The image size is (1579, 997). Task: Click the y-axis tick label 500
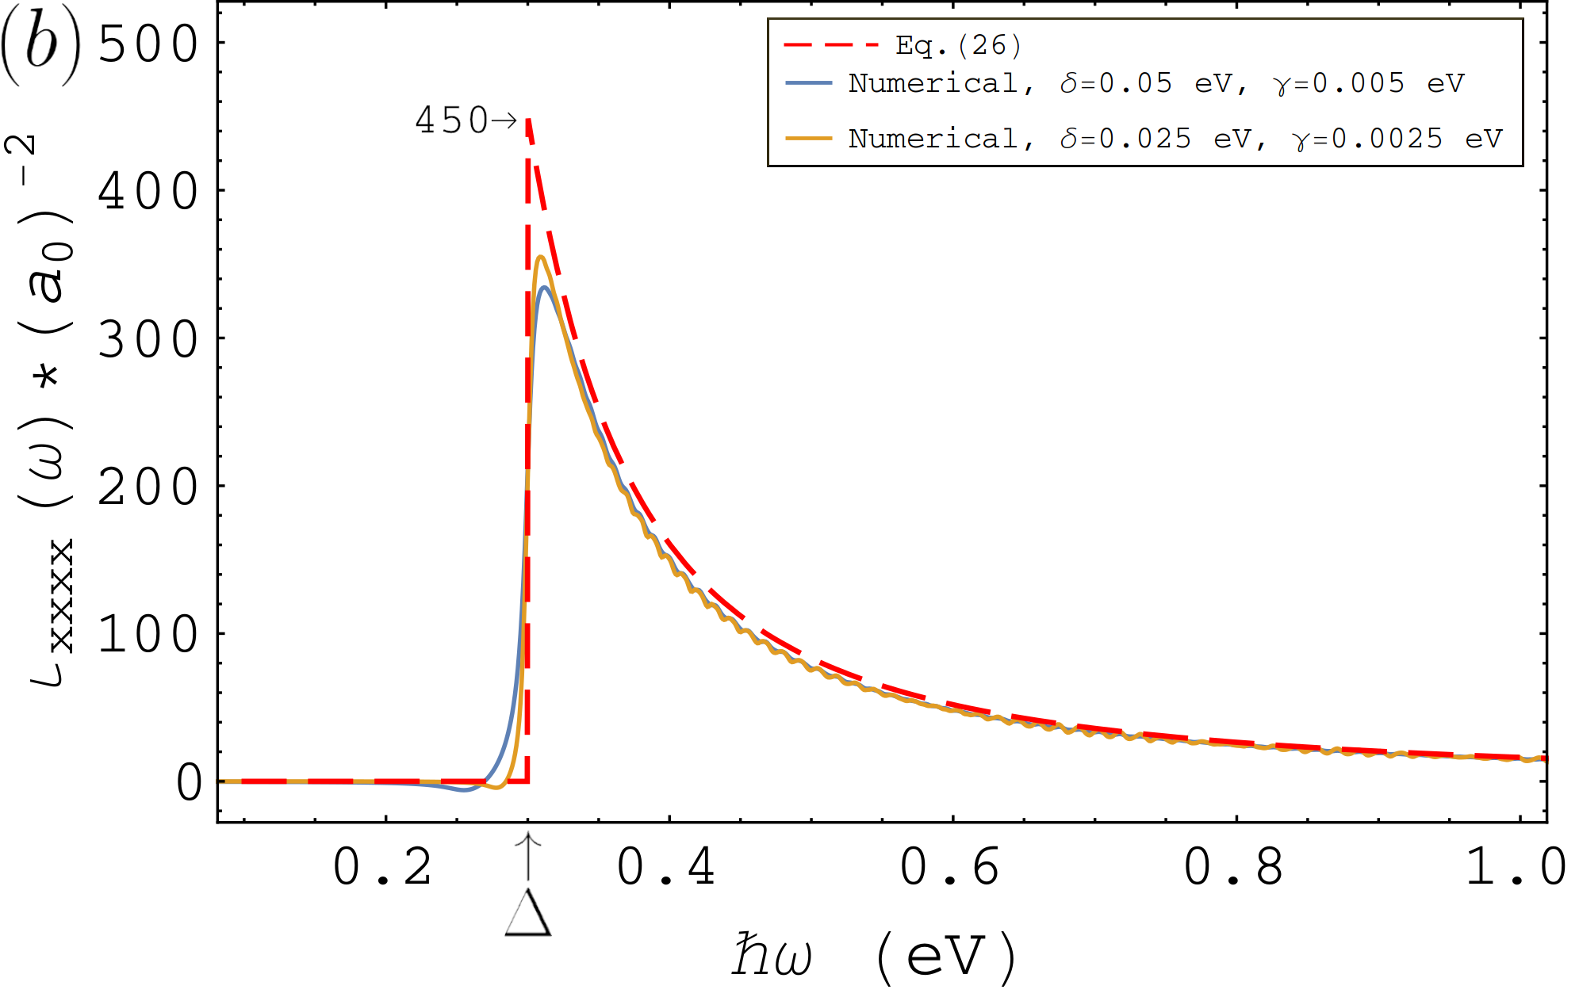click(x=148, y=44)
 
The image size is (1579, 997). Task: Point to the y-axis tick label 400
click(x=148, y=192)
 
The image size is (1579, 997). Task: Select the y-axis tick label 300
click(x=148, y=340)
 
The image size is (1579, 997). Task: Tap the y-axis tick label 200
click(x=148, y=487)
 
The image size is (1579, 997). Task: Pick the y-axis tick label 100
click(x=148, y=635)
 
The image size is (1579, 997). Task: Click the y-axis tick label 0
click(x=189, y=782)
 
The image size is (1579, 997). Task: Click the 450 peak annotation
click(x=466, y=120)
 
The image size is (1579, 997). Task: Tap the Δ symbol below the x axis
click(x=528, y=913)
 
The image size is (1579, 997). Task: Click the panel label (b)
click(x=41, y=45)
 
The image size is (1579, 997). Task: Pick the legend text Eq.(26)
click(x=958, y=45)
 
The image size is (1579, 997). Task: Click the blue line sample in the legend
click(x=808, y=82)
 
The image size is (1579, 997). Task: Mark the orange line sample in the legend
click(x=808, y=138)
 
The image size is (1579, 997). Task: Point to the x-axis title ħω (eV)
click(x=874, y=957)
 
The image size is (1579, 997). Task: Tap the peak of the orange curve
click(x=541, y=256)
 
